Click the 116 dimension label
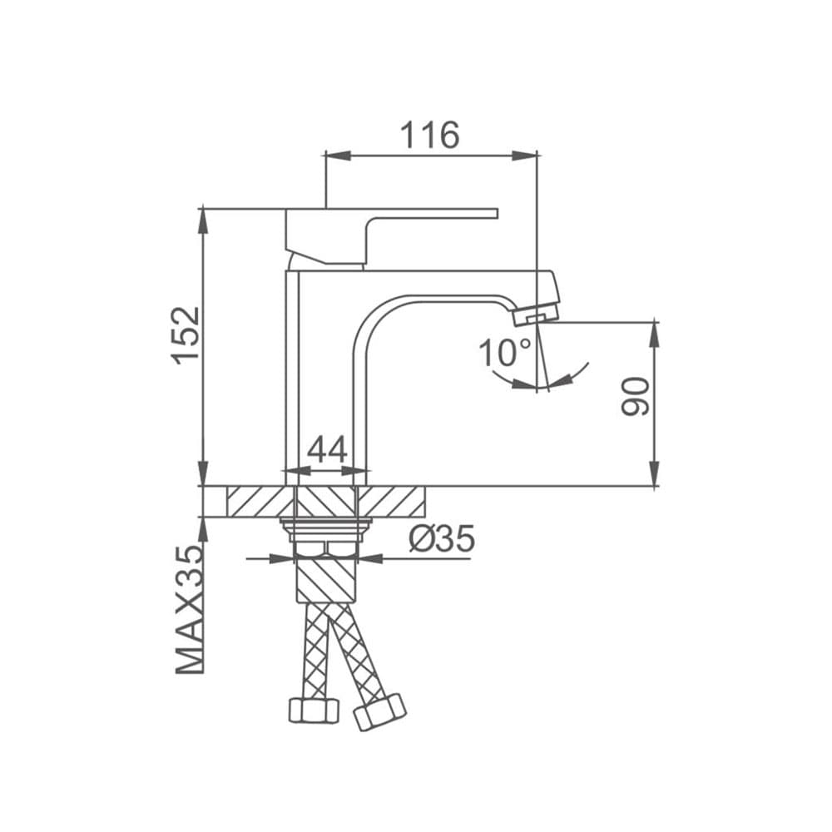point(429,135)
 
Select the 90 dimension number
point(635,396)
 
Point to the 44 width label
point(327,449)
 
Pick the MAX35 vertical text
point(190,609)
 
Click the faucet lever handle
point(392,236)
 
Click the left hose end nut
point(314,710)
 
